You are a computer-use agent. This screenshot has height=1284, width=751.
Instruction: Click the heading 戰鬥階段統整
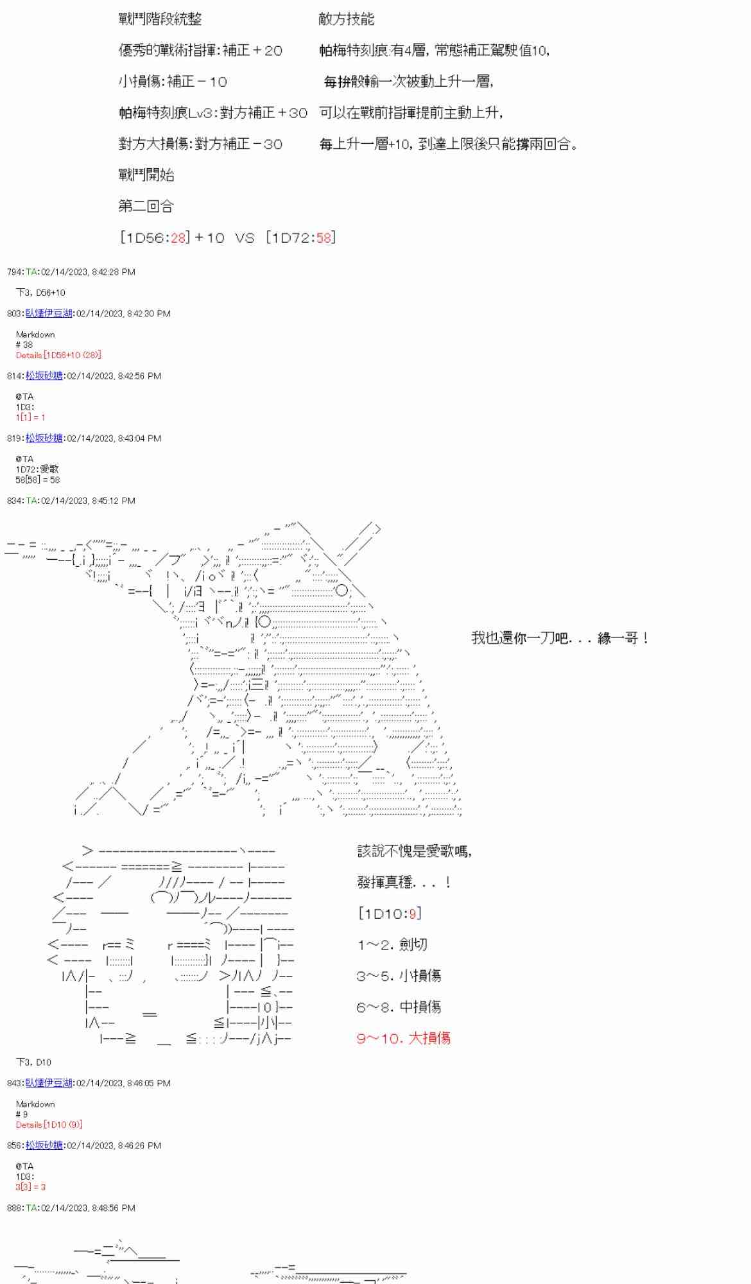point(160,19)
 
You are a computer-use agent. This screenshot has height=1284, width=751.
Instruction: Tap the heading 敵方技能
point(346,19)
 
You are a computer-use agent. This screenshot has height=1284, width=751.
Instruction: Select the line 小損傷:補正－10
point(173,82)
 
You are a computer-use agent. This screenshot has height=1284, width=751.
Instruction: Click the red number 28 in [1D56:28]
point(178,238)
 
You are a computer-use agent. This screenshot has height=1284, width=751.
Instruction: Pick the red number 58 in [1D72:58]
point(324,238)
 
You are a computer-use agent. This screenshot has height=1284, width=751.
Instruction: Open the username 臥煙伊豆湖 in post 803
point(49,313)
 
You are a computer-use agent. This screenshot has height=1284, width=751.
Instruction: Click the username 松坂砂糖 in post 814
point(44,376)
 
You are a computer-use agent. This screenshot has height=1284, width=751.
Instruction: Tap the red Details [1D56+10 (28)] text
point(58,355)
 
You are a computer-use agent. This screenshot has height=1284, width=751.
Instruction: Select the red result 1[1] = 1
point(30,417)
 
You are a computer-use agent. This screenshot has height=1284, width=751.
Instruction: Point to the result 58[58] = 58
point(38,480)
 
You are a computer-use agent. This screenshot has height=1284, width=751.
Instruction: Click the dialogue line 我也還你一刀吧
point(560,638)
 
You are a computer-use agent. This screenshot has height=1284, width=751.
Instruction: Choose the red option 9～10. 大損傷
point(403,1038)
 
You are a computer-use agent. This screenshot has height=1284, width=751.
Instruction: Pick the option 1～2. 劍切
point(392,944)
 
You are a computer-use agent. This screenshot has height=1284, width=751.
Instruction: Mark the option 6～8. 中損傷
point(398,1007)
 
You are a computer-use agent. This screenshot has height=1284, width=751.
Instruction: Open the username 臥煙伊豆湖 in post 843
point(49,1083)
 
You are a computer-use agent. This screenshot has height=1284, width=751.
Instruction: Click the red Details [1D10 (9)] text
point(49,1125)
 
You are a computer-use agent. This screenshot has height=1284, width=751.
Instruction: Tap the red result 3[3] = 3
point(30,1187)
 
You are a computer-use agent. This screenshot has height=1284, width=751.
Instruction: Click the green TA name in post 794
point(31,272)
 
